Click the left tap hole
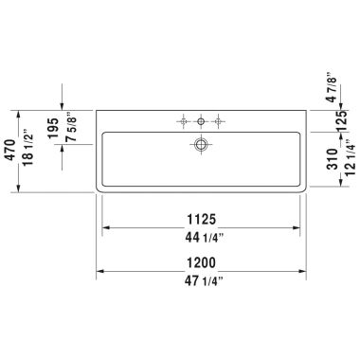[x=181, y=120]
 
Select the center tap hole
[x=201, y=120]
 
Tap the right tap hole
[x=221, y=120]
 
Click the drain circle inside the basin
[x=201, y=144]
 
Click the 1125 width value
[x=201, y=216]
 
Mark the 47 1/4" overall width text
[x=201, y=281]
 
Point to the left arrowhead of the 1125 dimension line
[x=106, y=227]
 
